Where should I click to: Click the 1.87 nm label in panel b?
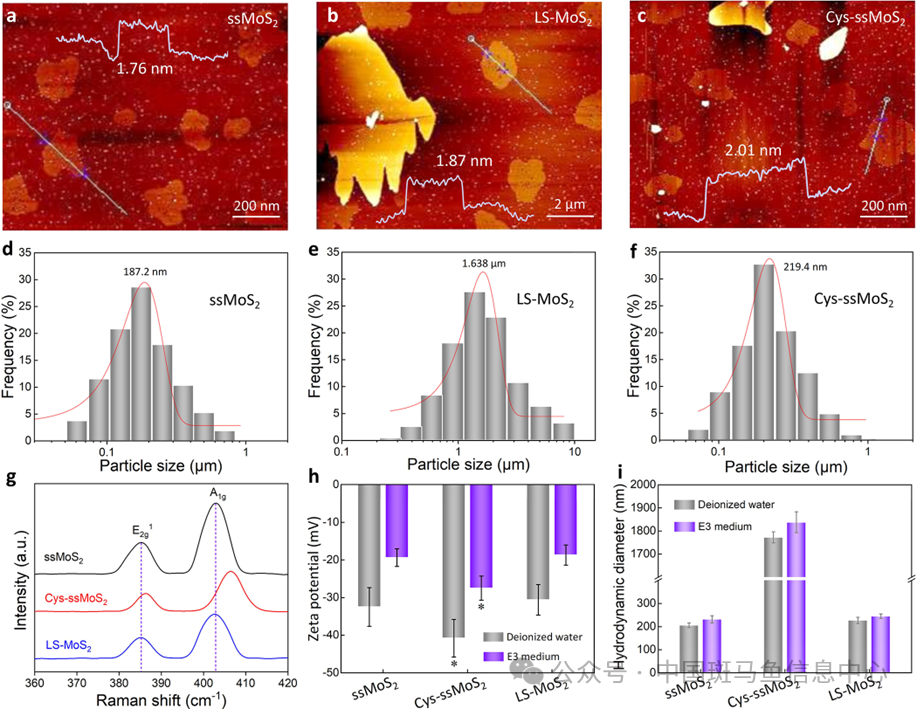(x=464, y=160)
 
